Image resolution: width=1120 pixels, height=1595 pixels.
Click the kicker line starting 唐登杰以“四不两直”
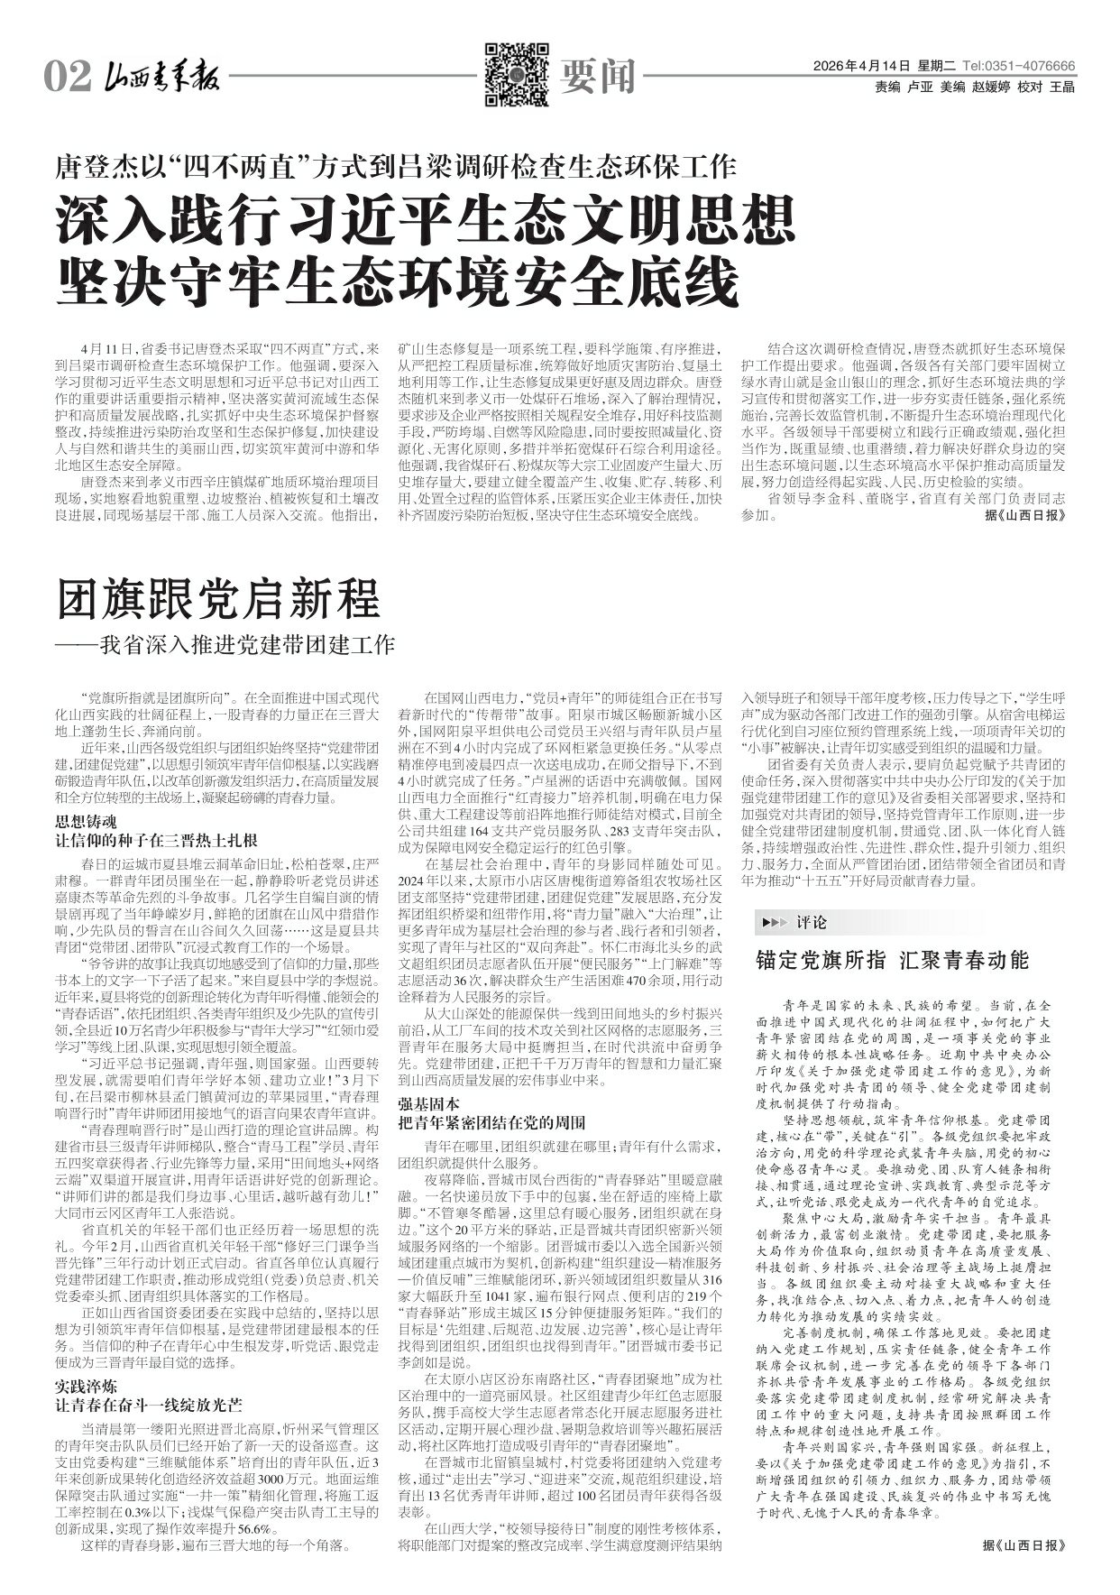[x=397, y=166]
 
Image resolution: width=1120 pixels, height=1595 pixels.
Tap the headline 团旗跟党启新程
[x=219, y=600]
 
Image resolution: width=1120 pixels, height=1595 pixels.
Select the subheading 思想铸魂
[x=87, y=822]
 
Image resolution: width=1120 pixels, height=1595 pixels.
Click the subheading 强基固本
[x=429, y=1104]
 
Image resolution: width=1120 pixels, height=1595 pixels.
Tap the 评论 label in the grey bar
[x=812, y=923]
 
